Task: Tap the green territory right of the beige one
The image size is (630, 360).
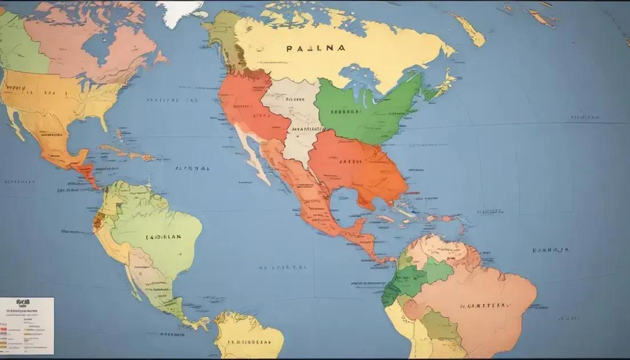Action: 366,111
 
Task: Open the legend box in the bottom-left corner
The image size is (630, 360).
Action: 27,326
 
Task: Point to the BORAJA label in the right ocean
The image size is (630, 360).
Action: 550,250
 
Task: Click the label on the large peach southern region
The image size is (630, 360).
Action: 484,306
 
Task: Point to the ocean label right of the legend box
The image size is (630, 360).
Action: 172,334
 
